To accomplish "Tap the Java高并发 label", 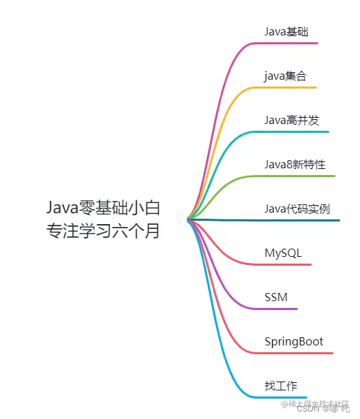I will pyautogui.click(x=292, y=120).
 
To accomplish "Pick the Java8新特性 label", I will pyautogui.click(x=295, y=164).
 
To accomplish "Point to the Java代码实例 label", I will pyautogui.click(x=297, y=208).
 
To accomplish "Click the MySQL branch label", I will pyautogui.click(x=283, y=253).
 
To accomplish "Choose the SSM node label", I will pyautogui.click(x=276, y=297).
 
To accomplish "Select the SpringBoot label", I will pyautogui.click(x=294, y=341).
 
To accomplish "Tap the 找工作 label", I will pyautogui.click(x=281, y=386).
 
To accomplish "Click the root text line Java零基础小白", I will pyautogui.click(x=104, y=207).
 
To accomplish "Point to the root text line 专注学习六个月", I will pyautogui.click(x=104, y=231).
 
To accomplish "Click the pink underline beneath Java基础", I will pyautogui.click(x=286, y=43).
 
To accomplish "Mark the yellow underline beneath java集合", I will pyautogui.click(x=286, y=87).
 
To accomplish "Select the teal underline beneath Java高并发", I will pyautogui.click(x=293, y=131).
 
